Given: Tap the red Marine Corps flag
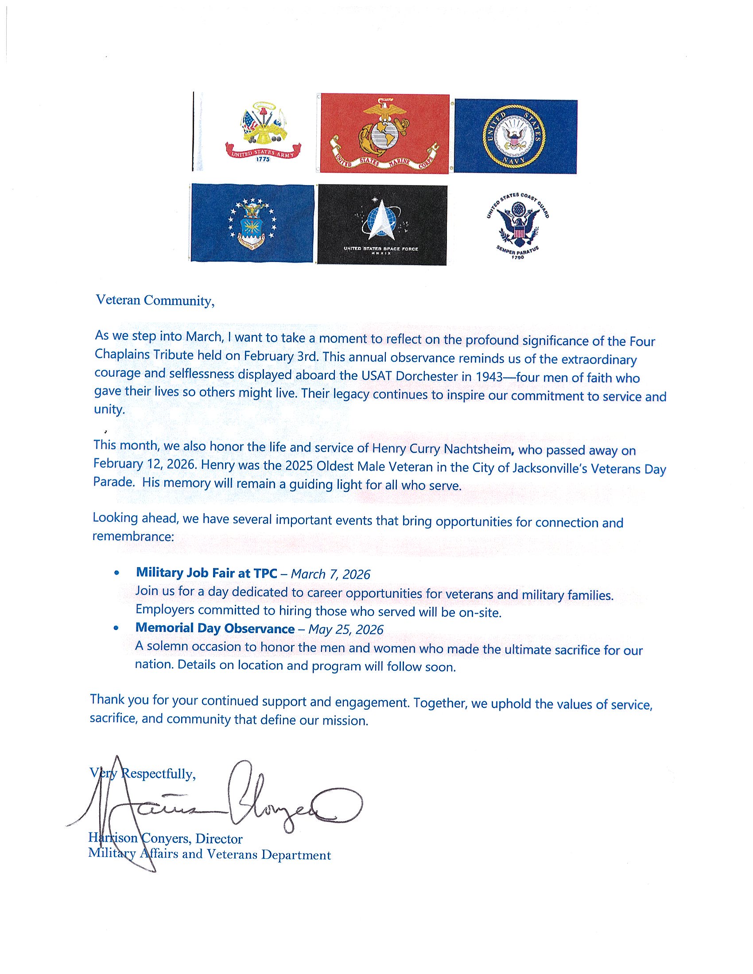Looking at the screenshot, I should [384, 133].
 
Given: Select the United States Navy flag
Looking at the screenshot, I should [515, 136].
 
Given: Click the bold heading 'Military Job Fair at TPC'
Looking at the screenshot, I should [206, 573].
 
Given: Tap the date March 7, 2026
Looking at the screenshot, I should [330, 574].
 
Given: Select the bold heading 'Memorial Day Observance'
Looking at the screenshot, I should [215, 628].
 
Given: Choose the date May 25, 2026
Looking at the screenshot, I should [346, 629].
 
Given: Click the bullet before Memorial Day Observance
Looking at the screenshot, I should [116, 628].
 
